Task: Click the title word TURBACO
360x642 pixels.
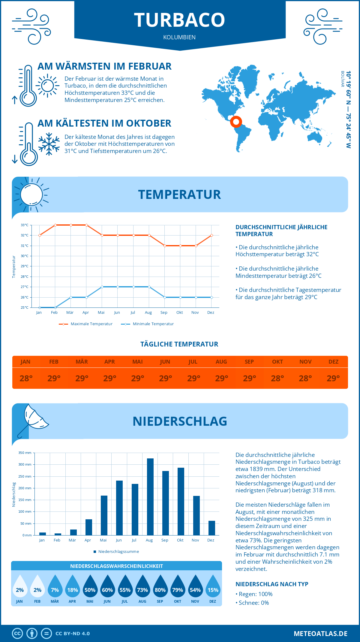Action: coord(179,20)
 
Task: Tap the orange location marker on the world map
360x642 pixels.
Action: coord(236,122)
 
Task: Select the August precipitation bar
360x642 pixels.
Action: coord(150,496)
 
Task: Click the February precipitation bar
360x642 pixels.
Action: coord(58,534)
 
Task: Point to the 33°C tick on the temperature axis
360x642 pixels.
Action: coord(25,225)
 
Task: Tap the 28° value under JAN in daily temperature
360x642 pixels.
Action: coord(26,378)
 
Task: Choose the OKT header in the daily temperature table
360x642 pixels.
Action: coord(277,362)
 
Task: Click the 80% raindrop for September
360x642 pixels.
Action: coord(160,590)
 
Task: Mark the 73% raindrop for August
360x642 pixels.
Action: coord(142,590)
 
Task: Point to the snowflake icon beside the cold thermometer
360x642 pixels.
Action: coord(49,144)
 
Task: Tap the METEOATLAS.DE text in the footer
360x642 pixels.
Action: coord(320,634)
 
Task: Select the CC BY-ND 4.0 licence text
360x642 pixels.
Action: coord(73,634)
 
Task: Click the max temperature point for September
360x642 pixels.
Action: coord(165,246)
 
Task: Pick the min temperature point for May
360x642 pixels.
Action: coord(102,287)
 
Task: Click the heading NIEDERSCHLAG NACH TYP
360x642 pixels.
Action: coord(272,584)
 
